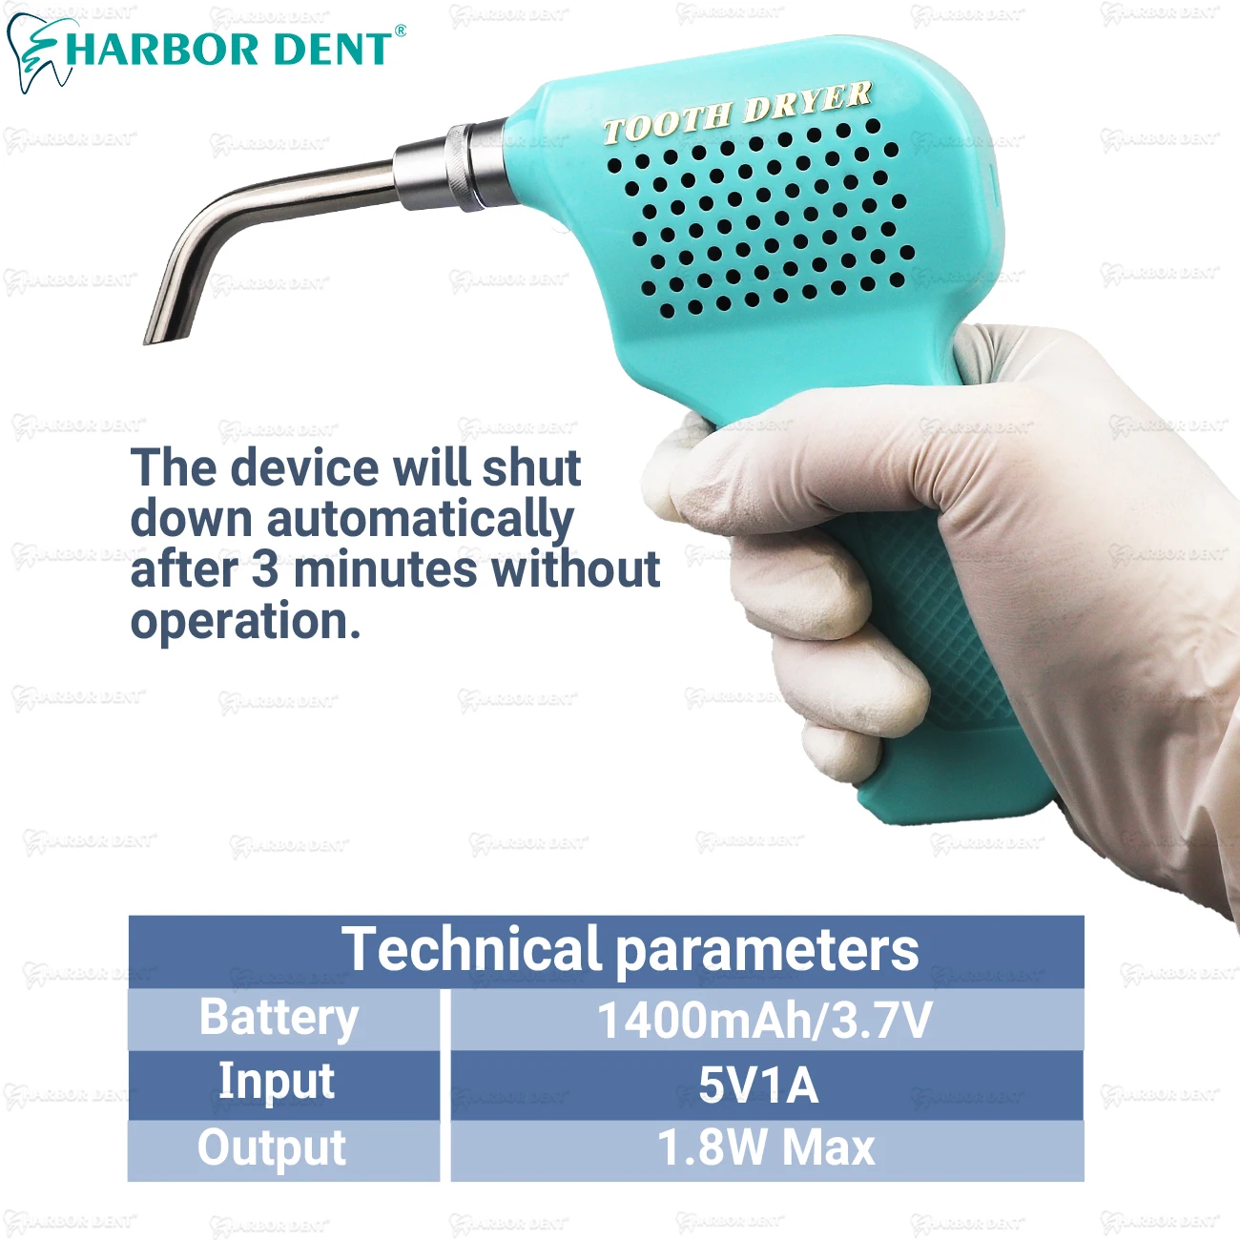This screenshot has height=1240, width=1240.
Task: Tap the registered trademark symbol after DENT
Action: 400,31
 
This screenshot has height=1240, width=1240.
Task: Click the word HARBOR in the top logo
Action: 162,50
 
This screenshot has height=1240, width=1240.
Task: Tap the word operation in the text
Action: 245,622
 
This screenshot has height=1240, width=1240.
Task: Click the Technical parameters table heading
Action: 630,949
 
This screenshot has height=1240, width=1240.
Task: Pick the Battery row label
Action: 279,1018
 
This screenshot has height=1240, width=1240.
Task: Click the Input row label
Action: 277,1082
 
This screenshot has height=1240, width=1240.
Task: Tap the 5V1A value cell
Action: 758,1085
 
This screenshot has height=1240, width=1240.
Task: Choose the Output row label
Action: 272,1148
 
